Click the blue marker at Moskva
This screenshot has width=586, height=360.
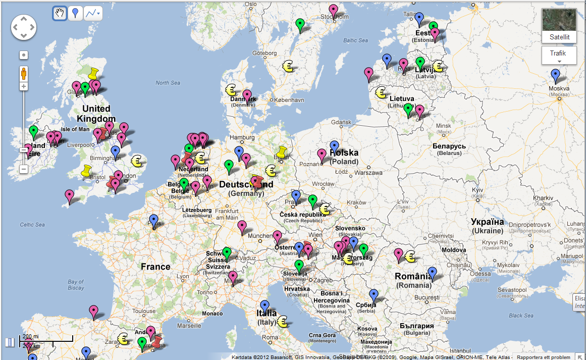pyautogui.click(x=556, y=76)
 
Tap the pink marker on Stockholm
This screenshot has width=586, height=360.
pyautogui.click(x=333, y=11)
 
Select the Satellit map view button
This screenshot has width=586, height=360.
pyautogui.click(x=559, y=26)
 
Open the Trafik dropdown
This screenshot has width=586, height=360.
pyautogui.click(x=559, y=56)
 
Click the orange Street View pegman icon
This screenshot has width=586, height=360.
pyautogui.click(x=23, y=74)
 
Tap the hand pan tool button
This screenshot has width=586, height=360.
pyautogui.click(x=60, y=13)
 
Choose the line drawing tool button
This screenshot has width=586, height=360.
pyautogui.click(x=92, y=13)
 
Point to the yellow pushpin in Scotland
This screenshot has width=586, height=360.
pyautogui.click(x=93, y=74)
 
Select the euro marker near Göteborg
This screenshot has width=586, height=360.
pyautogui.click(x=288, y=66)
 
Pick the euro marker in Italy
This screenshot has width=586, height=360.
pyautogui.click(x=282, y=322)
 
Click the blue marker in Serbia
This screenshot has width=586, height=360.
pyautogui.click(x=374, y=295)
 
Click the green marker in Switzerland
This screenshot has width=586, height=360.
pyautogui.click(x=227, y=253)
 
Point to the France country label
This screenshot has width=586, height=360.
pyautogui.click(x=155, y=267)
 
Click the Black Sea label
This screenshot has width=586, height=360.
pyautogui.click(x=521, y=316)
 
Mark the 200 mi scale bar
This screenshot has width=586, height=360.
pyautogui.click(x=45, y=339)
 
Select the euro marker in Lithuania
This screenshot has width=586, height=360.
pyautogui.click(x=381, y=92)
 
